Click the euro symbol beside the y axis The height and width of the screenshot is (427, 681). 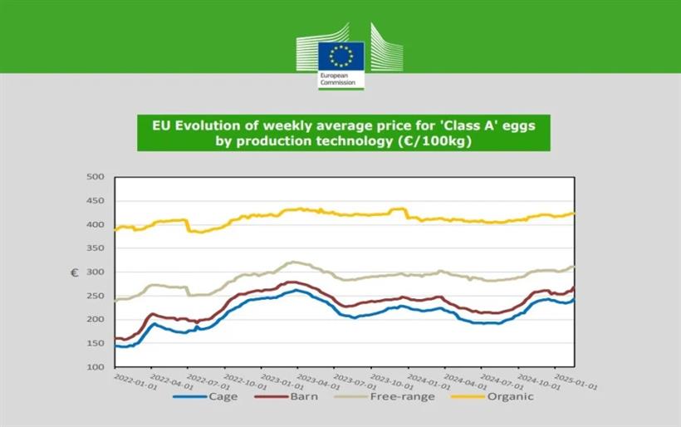click(74, 272)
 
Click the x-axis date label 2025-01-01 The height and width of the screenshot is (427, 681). click(577, 380)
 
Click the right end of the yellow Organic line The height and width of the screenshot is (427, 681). click(574, 213)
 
